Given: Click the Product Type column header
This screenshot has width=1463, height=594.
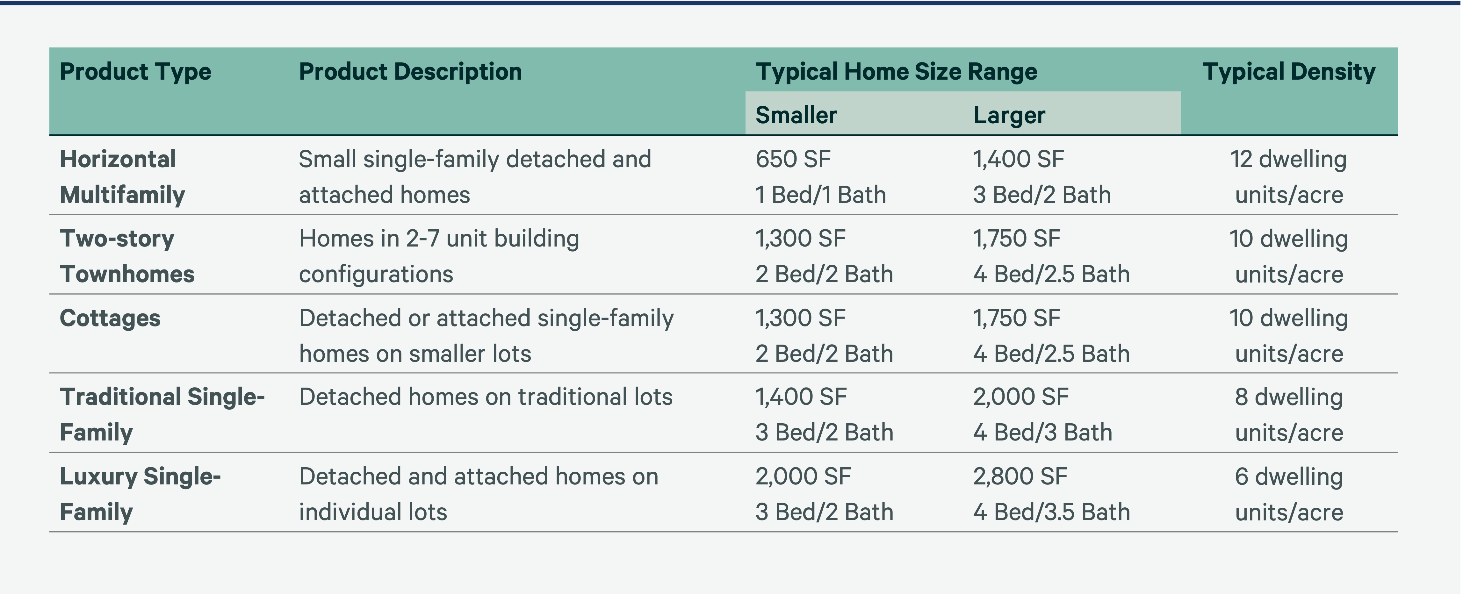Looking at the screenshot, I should coord(135,72).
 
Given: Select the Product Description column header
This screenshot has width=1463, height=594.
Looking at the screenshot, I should coord(410,72).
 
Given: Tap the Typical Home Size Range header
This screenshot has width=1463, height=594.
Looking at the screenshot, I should coord(896,72).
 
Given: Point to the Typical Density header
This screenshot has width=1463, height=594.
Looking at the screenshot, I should coord(1289,72).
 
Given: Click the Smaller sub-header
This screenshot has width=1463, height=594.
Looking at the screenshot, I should coord(796,115).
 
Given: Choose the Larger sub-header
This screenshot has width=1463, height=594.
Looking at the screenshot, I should coord(1009,115).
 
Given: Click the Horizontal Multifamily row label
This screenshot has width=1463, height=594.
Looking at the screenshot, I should coord(122,177).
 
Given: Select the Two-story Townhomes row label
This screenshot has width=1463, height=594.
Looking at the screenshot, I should coord(127,256).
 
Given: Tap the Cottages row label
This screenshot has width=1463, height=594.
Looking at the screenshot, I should coord(110,318).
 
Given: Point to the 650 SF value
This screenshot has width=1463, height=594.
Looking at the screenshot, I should coord(793,159).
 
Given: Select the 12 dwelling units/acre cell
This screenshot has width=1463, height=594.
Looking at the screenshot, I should coord(1289,177).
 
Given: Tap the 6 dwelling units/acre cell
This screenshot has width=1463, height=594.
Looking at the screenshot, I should coord(1289,494).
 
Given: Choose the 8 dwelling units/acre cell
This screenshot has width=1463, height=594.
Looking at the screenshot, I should coord(1289,415).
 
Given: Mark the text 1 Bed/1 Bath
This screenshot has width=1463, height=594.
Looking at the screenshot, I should coord(820,195).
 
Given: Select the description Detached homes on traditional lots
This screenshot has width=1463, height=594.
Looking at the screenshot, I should coord(486,397).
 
